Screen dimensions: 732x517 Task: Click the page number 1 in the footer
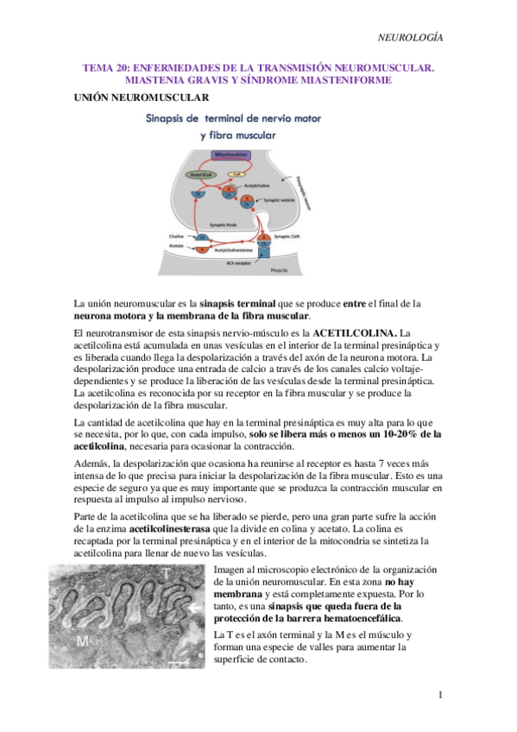pos(439,695)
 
